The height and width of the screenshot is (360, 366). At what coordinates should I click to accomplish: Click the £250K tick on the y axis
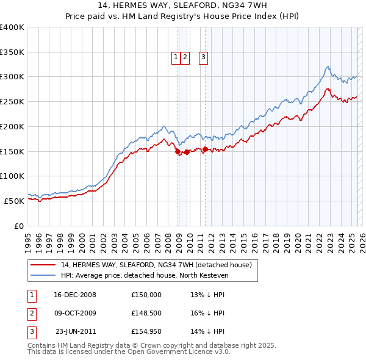pyautogui.click(x=12, y=102)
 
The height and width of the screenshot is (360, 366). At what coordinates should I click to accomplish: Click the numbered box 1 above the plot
pyautogui.click(x=176, y=58)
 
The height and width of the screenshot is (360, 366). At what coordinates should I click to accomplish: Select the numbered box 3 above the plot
pyautogui.click(x=203, y=58)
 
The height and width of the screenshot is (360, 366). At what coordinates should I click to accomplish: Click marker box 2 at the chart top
pyautogui.click(x=185, y=58)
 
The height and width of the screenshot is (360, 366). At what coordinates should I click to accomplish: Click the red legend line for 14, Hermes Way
pyautogui.click(x=42, y=265)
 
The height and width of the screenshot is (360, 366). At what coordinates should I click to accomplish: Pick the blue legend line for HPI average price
pyautogui.click(x=42, y=275)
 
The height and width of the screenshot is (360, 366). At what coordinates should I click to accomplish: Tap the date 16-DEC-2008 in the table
pyautogui.click(x=74, y=294)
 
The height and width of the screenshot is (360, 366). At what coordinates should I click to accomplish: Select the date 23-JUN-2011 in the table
pyautogui.click(x=76, y=333)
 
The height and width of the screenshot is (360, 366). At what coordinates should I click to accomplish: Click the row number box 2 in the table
pyautogui.click(x=30, y=314)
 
